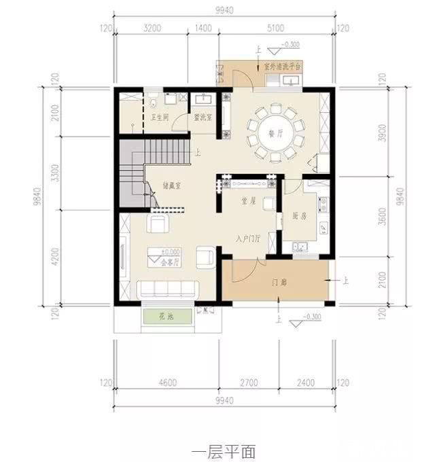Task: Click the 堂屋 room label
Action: click(x=249, y=202)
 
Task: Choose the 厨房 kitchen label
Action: click(x=300, y=216)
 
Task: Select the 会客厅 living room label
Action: click(x=171, y=262)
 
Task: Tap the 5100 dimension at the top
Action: click(x=276, y=28)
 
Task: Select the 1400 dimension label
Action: click(x=203, y=28)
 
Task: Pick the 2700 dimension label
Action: click(x=249, y=383)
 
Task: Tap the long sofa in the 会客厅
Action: click(x=167, y=289)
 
